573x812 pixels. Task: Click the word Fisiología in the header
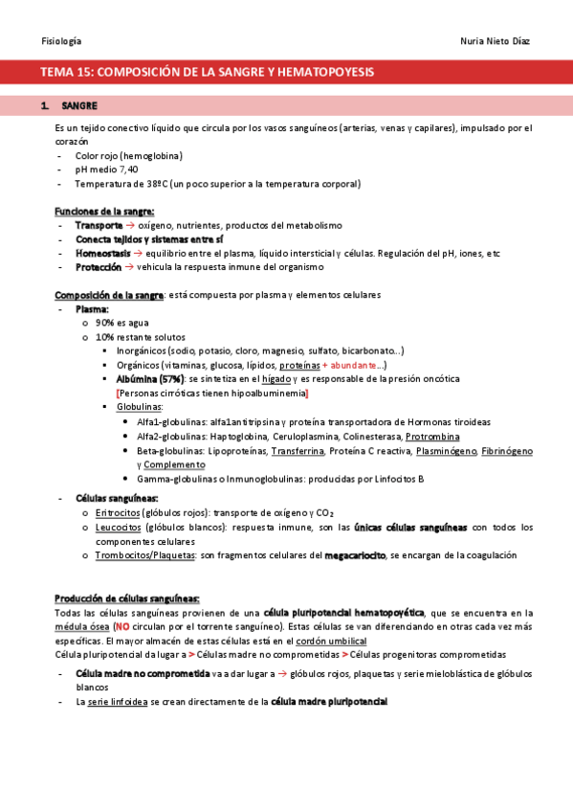pos(61,41)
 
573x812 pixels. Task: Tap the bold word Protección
pos(99,267)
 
